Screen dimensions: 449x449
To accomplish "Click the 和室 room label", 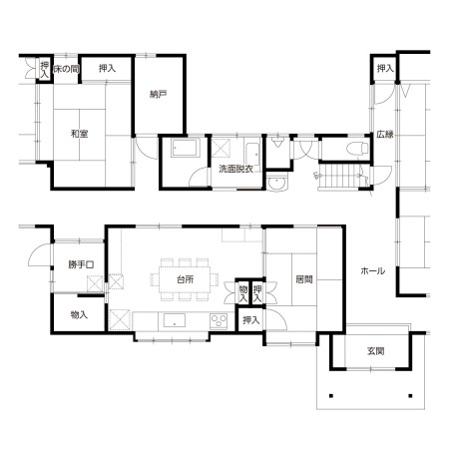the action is tap(79, 134).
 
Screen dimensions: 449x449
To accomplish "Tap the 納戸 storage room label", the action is tap(158, 95).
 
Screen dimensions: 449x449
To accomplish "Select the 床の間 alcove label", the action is tap(66, 69).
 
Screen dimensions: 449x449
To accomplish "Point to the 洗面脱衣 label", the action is tap(236, 169).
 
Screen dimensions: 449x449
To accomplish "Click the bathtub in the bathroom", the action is tap(185, 148).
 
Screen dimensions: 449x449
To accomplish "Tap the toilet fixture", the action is tap(357, 149).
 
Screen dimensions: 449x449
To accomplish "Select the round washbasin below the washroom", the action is tap(277, 183).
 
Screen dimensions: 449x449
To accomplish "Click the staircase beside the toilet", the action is tap(339, 177).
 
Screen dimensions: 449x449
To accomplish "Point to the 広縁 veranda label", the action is tap(385, 135).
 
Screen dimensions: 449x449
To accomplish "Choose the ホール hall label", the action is tap(373, 271).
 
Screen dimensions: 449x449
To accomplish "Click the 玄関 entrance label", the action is tap(376, 351).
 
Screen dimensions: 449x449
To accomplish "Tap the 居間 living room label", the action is tap(304, 279).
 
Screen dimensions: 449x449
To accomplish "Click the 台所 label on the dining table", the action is tap(185, 279).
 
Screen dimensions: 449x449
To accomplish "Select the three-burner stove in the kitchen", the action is tap(219, 321).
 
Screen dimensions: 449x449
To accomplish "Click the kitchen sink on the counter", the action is tap(175, 321).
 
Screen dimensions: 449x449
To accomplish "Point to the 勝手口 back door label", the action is tap(81, 265).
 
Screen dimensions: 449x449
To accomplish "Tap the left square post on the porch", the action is tap(331, 396).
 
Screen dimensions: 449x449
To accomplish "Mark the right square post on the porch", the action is tap(411, 396).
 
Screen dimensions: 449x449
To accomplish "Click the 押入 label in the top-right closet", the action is tap(385, 69).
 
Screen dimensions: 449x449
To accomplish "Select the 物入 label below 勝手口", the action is tap(79, 314).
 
